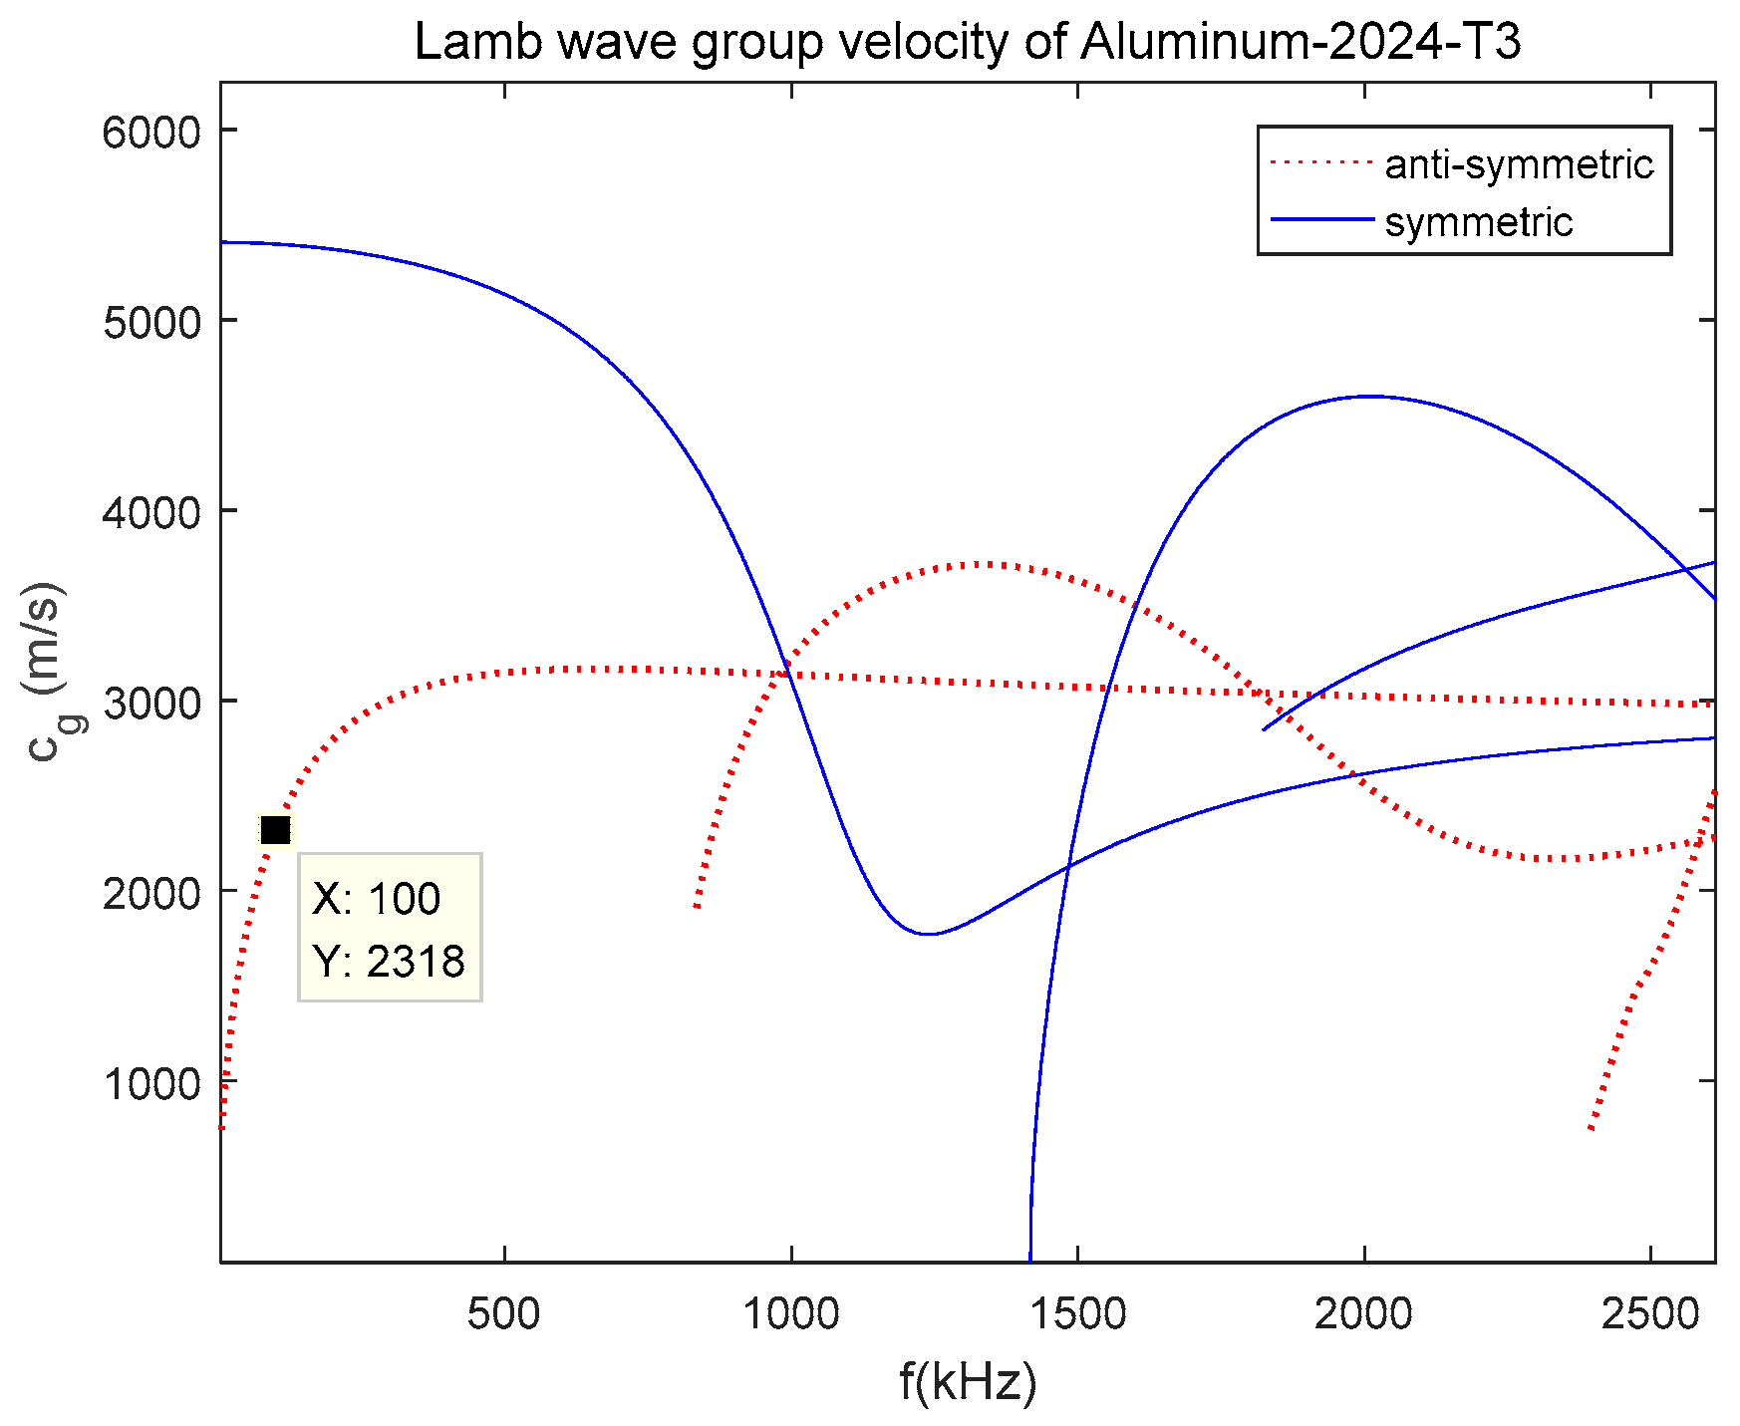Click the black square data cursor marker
pyautogui.click(x=275, y=829)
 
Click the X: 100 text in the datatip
pyautogui.click(x=376, y=899)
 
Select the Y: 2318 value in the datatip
pyautogui.click(x=389, y=962)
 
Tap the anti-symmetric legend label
pyautogui.click(x=1519, y=164)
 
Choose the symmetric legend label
pyautogui.click(x=1478, y=222)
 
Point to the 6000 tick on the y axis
pyautogui.click(x=151, y=132)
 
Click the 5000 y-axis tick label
pyautogui.click(x=151, y=322)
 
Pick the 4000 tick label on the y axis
pyautogui.click(x=151, y=512)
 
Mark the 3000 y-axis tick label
pyautogui.click(x=151, y=703)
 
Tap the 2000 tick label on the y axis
pyautogui.click(x=151, y=893)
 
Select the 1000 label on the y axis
pyautogui.click(x=151, y=1083)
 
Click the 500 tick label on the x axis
pyautogui.click(x=504, y=1314)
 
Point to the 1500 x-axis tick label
pyautogui.click(x=1077, y=1314)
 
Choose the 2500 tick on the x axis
pyautogui.click(x=1650, y=1314)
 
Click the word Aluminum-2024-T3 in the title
pyautogui.click(x=1301, y=42)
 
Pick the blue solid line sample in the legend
pyautogui.click(x=1320, y=220)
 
